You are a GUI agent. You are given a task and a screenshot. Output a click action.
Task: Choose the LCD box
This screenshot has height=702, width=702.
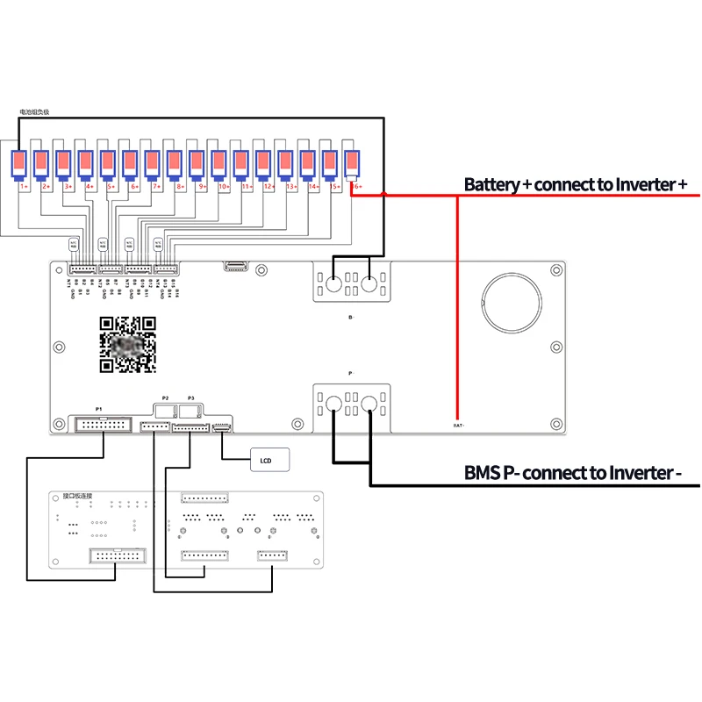pyautogui.click(x=269, y=458)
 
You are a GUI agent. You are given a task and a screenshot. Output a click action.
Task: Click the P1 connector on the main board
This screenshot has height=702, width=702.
pyautogui.click(x=104, y=426)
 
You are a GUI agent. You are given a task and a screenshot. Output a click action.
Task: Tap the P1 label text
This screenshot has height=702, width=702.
pyautogui.click(x=99, y=410)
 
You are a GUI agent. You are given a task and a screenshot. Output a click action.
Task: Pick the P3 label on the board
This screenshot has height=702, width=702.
pyautogui.click(x=190, y=398)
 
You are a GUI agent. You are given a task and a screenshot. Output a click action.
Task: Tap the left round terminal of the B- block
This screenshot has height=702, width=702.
pyautogui.click(x=334, y=284)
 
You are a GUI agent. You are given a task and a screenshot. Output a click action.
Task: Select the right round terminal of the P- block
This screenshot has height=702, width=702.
pyautogui.click(x=369, y=405)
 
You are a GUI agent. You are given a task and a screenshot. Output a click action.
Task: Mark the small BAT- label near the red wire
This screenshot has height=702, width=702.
pyautogui.click(x=458, y=426)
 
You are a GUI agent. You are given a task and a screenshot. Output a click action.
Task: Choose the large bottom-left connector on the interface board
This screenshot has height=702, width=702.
pyautogui.click(x=118, y=555)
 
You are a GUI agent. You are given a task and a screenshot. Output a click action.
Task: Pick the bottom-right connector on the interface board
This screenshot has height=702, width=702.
pyautogui.click(x=272, y=555)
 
